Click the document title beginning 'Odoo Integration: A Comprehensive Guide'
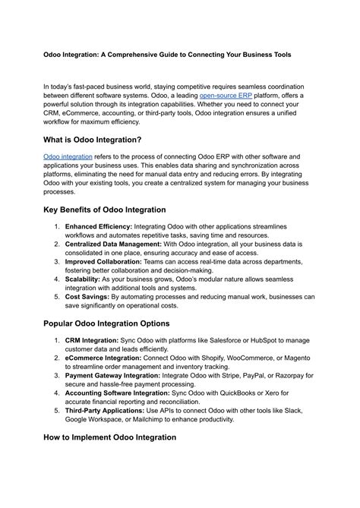(x=178, y=55)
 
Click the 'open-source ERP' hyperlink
(x=227, y=97)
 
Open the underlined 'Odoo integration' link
(x=68, y=156)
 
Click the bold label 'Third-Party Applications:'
(x=111, y=410)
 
